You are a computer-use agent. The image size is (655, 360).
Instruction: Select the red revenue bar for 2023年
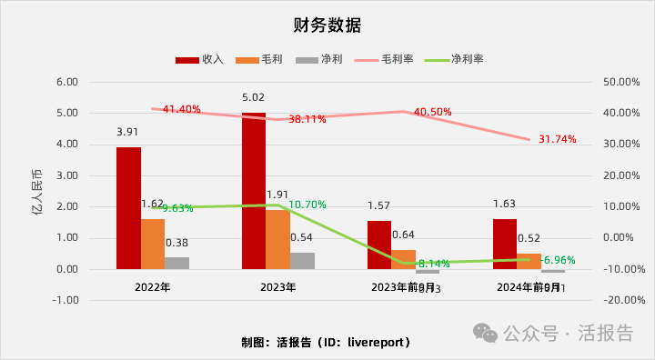pos(254,191)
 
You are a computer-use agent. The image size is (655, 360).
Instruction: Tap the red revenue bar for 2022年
pos(128,208)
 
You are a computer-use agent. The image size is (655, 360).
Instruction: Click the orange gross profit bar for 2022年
pos(153,244)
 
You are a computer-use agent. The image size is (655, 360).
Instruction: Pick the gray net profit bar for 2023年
pos(303,261)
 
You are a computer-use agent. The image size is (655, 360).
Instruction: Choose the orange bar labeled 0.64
pos(403,259)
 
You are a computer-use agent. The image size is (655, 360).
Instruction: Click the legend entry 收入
pos(200,59)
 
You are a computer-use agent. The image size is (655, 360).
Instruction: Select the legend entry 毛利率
pos(388,59)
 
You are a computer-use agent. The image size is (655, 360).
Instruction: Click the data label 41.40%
pos(181,109)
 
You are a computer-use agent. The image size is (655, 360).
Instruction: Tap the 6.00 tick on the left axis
pos(68,82)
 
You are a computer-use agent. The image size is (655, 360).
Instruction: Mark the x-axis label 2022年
pos(153,287)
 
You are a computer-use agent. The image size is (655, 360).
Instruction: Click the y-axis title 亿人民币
pos(35,191)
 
